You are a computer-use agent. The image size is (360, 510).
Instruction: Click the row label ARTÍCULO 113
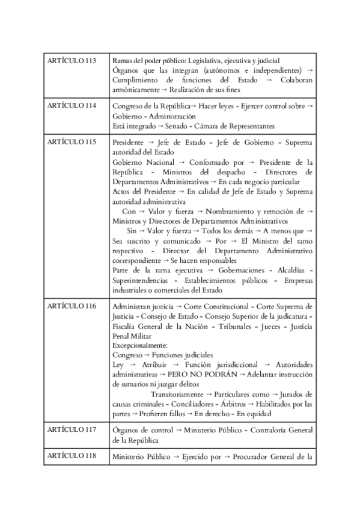(71, 61)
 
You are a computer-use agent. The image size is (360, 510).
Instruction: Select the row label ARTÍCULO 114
(71, 105)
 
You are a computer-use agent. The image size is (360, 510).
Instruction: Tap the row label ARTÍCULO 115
(71, 142)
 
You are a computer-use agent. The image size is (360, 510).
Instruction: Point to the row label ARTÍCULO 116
(71, 306)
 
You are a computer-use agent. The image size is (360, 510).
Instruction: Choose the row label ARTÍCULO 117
(71, 430)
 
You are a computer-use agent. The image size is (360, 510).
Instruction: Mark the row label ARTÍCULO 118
(71, 455)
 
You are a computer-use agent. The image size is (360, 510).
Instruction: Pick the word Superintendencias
(141, 281)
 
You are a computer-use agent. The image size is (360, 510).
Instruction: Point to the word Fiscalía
(126, 326)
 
